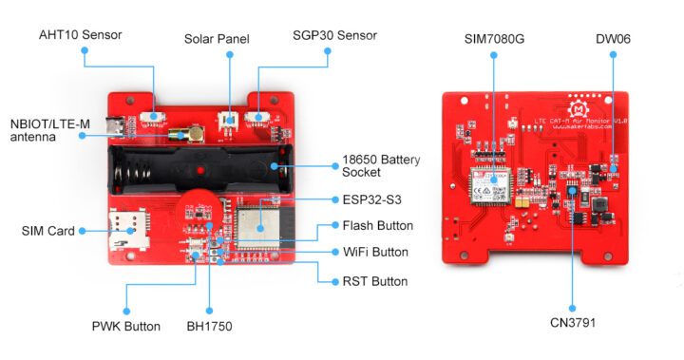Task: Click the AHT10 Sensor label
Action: [81, 35]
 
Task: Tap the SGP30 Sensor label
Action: [333, 35]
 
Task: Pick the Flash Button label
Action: [377, 225]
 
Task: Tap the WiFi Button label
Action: [375, 253]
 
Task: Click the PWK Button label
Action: [127, 327]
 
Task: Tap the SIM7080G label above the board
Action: [494, 39]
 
